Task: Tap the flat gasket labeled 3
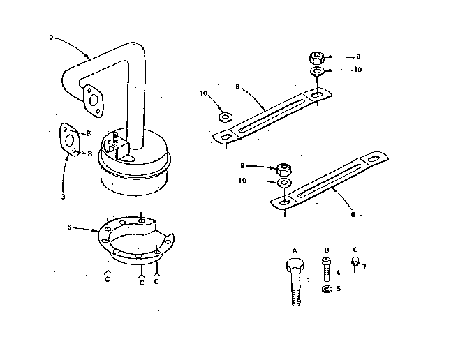(x=70, y=142)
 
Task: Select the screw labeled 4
(x=326, y=269)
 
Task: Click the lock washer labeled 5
(x=327, y=289)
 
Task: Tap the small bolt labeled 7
(x=355, y=265)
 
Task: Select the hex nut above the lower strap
(x=284, y=168)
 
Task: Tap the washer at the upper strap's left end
(x=226, y=115)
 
